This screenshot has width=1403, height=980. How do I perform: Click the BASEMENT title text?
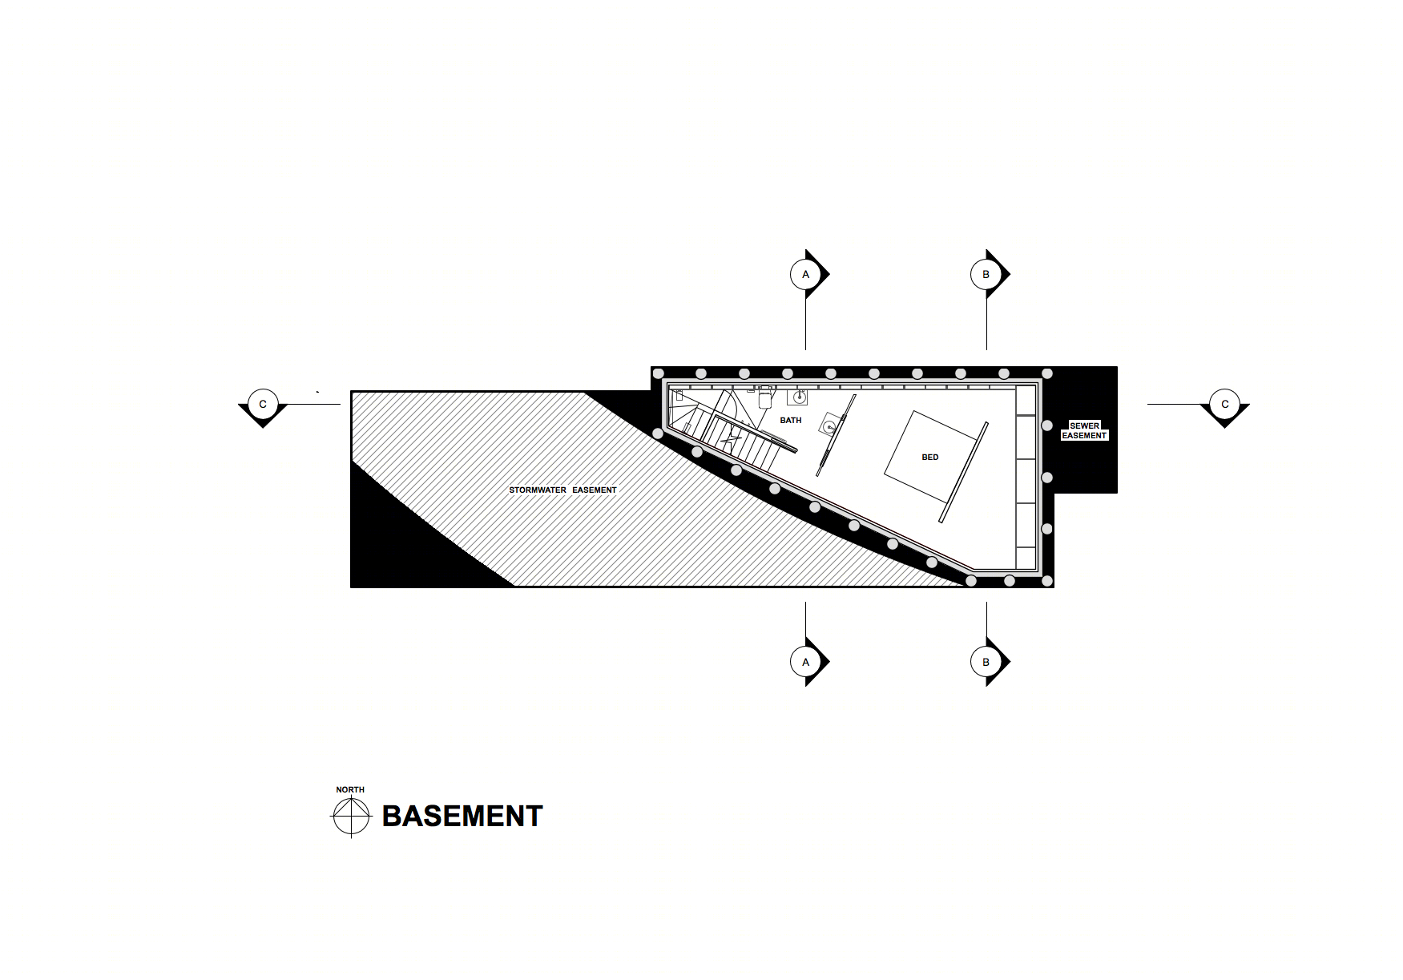(x=462, y=816)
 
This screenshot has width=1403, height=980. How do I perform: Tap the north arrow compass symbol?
(x=351, y=817)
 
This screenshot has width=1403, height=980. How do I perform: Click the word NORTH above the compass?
(x=350, y=789)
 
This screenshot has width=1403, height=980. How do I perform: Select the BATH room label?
(x=791, y=420)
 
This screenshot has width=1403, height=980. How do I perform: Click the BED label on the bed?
(x=930, y=457)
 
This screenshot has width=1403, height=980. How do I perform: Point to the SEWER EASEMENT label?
(x=1084, y=430)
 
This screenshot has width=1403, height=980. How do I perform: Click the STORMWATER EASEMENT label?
(x=563, y=490)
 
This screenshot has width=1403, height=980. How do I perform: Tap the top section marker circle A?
(x=805, y=274)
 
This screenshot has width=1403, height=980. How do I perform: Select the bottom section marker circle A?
(x=805, y=662)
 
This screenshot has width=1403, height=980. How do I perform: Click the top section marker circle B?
(x=986, y=274)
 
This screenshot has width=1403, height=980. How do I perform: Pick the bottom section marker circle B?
(x=986, y=662)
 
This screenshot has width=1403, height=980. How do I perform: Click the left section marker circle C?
(x=263, y=404)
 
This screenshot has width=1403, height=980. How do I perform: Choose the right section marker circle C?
(x=1224, y=404)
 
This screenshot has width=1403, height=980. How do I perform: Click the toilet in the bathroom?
(x=764, y=397)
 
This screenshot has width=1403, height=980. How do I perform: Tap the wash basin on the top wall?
(x=798, y=396)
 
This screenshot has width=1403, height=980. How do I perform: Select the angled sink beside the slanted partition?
(x=830, y=425)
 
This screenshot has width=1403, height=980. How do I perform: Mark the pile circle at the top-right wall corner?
(x=1047, y=373)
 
